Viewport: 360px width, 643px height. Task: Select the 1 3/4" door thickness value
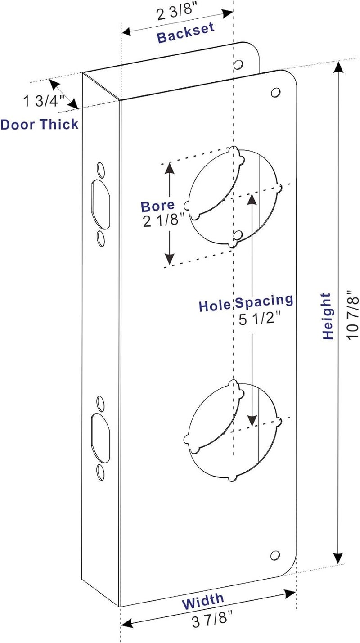coord(44,101)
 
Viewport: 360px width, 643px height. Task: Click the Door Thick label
coord(39,124)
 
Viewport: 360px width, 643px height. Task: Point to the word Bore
coord(157,206)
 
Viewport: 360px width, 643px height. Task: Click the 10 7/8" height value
coord(352,315)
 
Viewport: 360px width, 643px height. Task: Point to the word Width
coord(203,601)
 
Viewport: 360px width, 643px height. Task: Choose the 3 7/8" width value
coord(212,620)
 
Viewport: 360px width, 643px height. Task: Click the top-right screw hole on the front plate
coord(275,93)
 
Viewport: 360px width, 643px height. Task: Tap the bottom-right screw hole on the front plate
coord(275,555)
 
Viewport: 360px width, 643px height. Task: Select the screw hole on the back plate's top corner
coord(238,65)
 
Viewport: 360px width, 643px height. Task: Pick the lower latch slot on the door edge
coord(100,438)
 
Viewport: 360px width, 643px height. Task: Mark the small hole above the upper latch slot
coord(100,170)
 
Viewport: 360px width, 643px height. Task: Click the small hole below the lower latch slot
coord(100,472)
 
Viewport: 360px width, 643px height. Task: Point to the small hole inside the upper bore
coord(238,236)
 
